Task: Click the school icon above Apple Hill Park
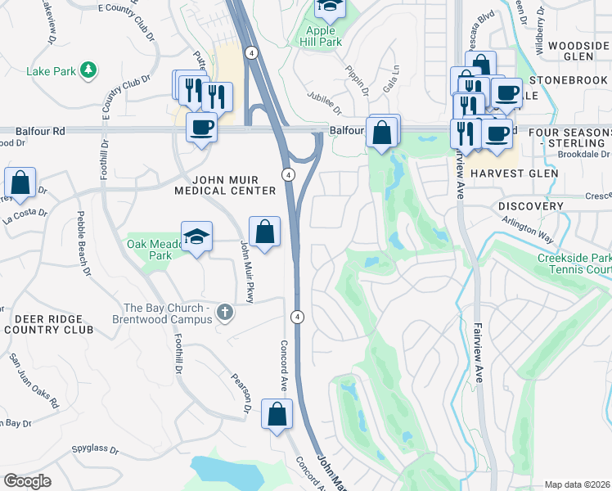[x=330, y=8]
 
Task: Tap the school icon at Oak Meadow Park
[x=196, y=237]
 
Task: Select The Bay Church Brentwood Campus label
[x=168, y=313]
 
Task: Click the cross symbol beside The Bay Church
[x=226, y=313]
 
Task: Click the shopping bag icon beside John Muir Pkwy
[x=264, y=232]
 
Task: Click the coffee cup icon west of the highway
[x=201, y=128]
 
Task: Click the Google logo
[x=27, y=481]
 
